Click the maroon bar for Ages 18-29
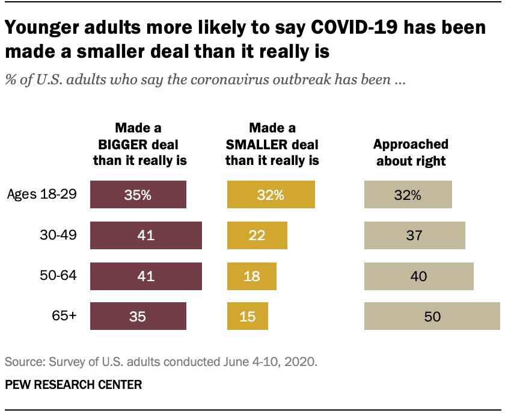coord(138,194)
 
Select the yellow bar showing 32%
coord(271,194)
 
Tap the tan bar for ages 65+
coord(432,316)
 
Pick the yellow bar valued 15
coord(248,316)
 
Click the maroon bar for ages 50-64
coord(146,276)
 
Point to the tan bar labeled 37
coord(415,235)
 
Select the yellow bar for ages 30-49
coord(257,235)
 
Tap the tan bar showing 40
coord(419,276)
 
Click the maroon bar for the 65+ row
coord(138,316)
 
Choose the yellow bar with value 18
coord(252,276)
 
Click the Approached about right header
coord(411,152)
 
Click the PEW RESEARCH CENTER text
coord(74,384)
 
